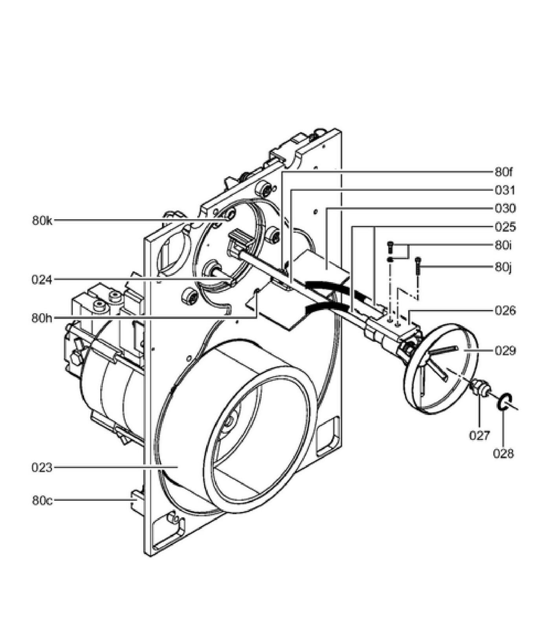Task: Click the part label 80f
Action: pyautogui.click(x=504, y=172)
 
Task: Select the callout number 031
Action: pyautogui.click(x=504, y=191)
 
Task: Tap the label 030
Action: pyautogui.click(x=505, y=209)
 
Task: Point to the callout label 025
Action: pyautogui.click(x=505, y=227)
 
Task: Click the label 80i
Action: pyautogui.click(x=503, y=246)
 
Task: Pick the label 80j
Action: pyautogui.click(x=503, y=268)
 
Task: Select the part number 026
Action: pyautogui.click(x=505, y=311)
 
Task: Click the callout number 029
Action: pyautogui.click(x=505, y=350)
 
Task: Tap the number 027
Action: pyautogui.click(x=480, y=435)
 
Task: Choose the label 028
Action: pyautogui.click(x=503, y=454)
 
